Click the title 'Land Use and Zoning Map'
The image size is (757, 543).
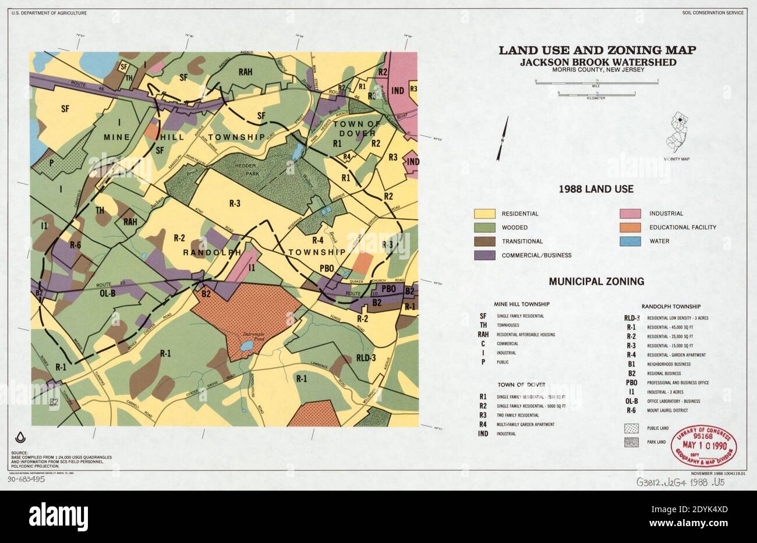point(596,50)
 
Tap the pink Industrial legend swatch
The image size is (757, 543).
point(629,214)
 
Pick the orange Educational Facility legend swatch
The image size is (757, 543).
point(629,228)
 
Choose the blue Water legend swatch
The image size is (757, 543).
point(629,241)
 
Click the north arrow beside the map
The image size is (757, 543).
point(502,138)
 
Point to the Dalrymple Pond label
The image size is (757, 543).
point(250,336)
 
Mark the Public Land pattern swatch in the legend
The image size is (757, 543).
point(631,428)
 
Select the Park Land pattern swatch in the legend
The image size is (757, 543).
point(631,442)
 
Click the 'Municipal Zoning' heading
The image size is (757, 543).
point(596,282)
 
